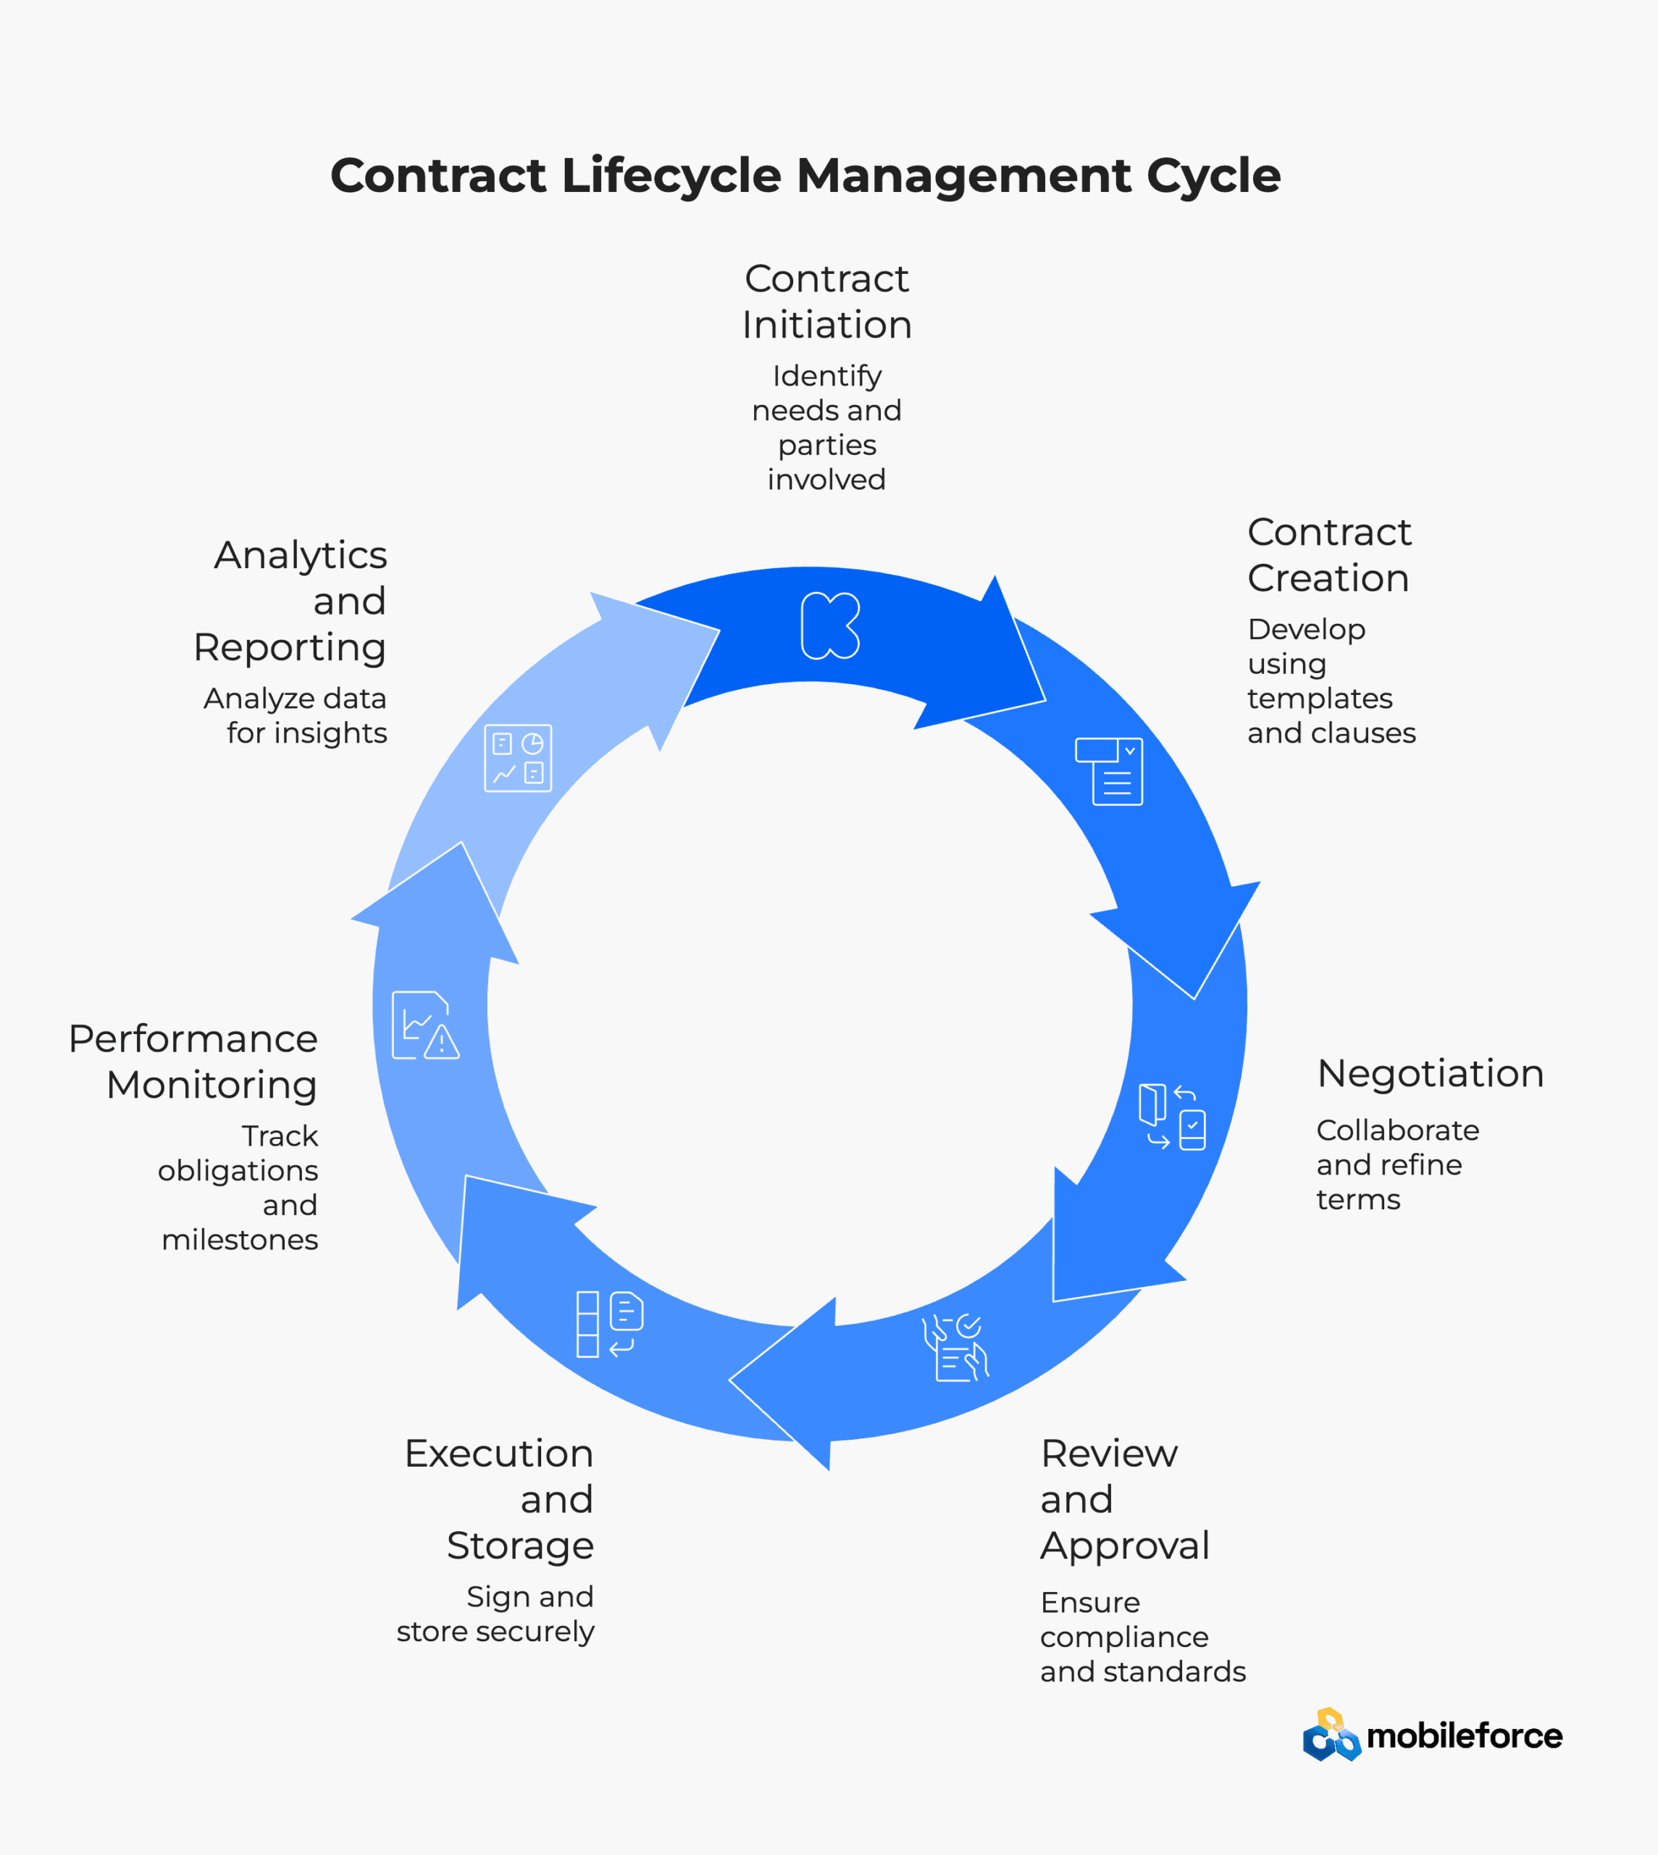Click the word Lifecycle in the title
(x=671, y=176)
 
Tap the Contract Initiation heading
(x=826, y=301)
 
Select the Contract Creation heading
(x=1328, y=555)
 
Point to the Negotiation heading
(x=1431, y=1073)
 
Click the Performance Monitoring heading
(x=193, y=1062)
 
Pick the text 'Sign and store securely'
(x=495, y=1614)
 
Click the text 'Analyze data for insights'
(x=296, y=715)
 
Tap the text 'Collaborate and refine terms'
(x=1397, y=1164)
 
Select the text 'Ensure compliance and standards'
(x=1142, y=1636)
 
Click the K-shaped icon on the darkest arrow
(x=830, y=625)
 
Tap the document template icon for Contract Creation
(x=1110, y=771)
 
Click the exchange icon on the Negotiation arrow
(x=1173, y=1116)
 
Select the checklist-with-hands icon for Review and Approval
(x=955, y=1348)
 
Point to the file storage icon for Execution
(x=609, y=1324)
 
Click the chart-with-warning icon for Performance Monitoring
(x=425, y=1025)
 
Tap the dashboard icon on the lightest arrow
(x=517, y=758)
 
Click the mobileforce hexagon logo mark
(x=1331, y=1735)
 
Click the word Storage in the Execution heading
(x=520, y=1546)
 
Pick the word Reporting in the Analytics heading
(x=290, y=647)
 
